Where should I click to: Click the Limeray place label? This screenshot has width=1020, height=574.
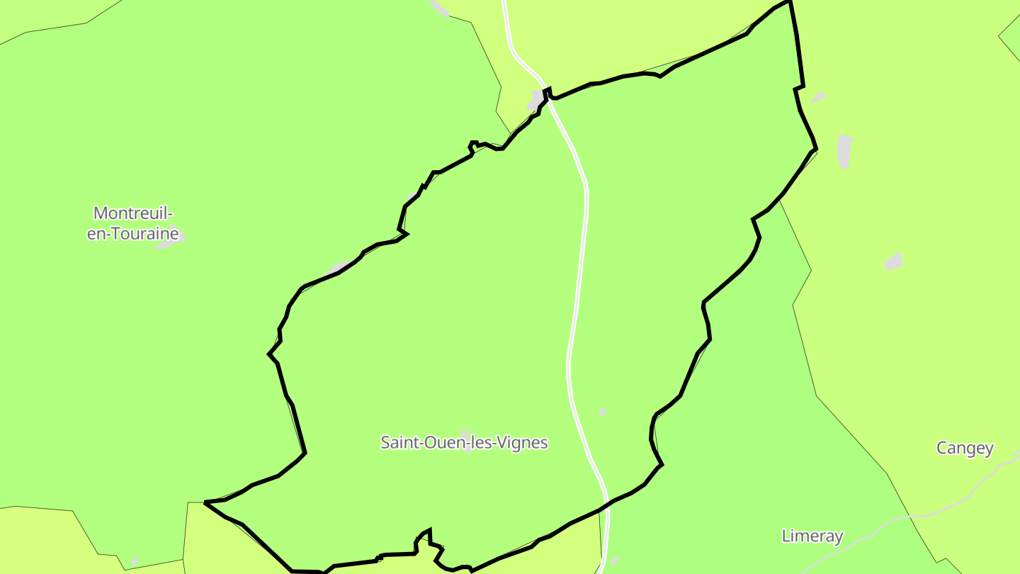point(812,536)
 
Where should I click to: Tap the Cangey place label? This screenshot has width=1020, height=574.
point(965,448)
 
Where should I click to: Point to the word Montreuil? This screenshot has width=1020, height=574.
point(132,213)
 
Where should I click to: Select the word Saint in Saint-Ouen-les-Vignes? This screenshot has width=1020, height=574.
point(399,443)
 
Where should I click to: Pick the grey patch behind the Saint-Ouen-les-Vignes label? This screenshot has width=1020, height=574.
point(466,439)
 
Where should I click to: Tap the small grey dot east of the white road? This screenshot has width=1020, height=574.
point(603,412)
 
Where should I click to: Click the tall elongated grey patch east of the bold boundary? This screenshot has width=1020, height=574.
point(844,151)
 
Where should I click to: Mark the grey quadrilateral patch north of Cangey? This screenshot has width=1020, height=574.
point(894,261)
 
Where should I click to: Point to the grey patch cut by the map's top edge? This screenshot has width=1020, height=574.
point(439,7)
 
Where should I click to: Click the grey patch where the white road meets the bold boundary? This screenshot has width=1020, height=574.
point(535,101)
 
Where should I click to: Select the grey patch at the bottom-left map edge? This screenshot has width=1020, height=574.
point(135,561)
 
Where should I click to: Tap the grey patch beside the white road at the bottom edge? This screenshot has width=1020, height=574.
point(614,561)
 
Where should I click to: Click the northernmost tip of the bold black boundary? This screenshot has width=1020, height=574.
point(789,2)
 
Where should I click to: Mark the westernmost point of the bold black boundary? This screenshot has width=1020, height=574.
point(205,502)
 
